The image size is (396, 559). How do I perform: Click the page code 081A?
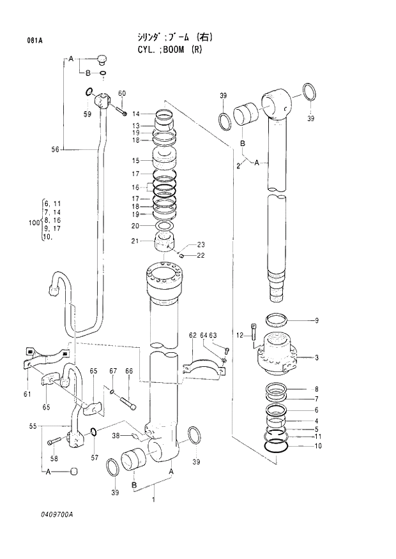(x=34, y=40)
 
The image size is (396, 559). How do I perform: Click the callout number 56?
(x=56, y=149)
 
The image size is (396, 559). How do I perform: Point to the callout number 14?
(x=135, y=114)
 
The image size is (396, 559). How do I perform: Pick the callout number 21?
(x=135, y=241)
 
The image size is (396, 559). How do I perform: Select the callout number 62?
(x=192, y=335)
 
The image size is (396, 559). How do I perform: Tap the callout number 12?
(x=240, y=335)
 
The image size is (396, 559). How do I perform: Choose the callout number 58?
(x=54, y=458)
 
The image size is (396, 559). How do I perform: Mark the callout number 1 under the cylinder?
(x=153, y=500)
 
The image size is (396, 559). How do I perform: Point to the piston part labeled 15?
(x=165, y=161)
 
